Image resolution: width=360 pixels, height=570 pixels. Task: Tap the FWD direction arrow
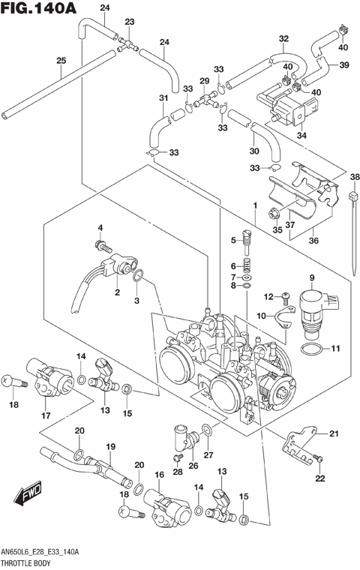click(28, 496)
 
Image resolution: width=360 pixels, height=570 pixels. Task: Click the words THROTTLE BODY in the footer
click(27, 562)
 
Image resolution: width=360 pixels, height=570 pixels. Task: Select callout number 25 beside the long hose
click(61, 61)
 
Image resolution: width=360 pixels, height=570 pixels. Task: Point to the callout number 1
click(254, 205)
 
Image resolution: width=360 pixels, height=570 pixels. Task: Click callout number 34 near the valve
click(302, 136)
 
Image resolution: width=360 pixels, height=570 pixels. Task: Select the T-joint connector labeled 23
click(128, 44)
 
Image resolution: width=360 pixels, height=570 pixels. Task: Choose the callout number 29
click(203, 81)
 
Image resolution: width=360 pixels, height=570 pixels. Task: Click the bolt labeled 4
click(100, 244)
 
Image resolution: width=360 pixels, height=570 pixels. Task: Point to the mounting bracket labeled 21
click(299, 445)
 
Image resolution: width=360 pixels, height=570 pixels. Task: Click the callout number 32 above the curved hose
click(283, 39)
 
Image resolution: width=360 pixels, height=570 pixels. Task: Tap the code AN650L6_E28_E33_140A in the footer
click(40, 552)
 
